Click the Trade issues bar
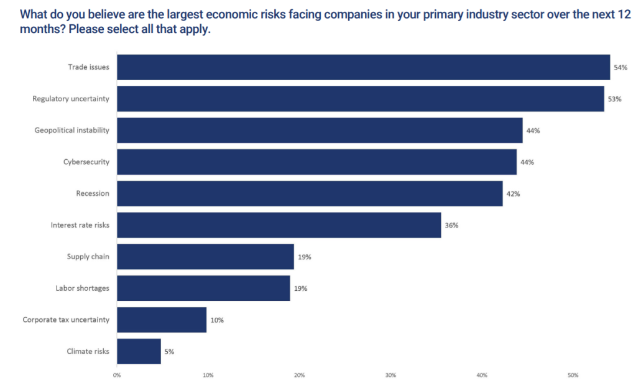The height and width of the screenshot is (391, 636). click(x=363, y=67)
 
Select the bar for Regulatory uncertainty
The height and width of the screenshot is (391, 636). click(x=361, y=99)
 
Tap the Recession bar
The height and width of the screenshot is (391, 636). click(x=310, y=193)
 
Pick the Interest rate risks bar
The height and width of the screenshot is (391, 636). click(x=279, y=225)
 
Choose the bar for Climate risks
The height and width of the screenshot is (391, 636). click(x=139, y=351)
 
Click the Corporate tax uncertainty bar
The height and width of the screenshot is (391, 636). click(x=162, y=320)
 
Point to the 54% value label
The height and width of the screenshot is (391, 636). click(x=620, y=67)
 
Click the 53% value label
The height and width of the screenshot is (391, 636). click(x=615, y=99)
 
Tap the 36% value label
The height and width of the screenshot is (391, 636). click(x=451, y=225)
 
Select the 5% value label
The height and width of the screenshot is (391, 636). click(x=169, y=351)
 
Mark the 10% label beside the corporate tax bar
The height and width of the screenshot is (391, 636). click(x=217, y=320)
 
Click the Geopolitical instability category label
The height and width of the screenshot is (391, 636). click(x=71, y=131)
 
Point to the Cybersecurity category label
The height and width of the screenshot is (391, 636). click(x=86, y=162)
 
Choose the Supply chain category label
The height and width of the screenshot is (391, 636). click(x=88, y=257)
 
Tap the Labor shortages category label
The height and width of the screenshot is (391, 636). click(x=82, y=288)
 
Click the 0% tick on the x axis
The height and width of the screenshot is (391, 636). click(x=117, y=375)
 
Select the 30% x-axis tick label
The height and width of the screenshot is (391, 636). click(x=390, y=375)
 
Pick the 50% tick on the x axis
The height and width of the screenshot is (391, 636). click(x=573, y=375)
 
